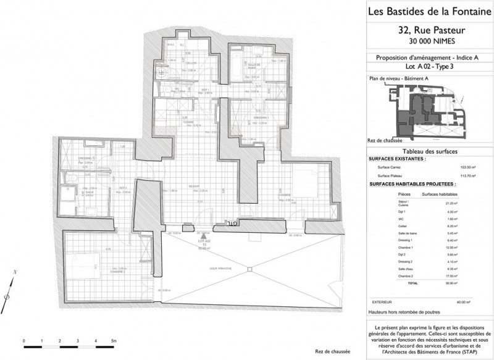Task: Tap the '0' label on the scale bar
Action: point(23,340)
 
